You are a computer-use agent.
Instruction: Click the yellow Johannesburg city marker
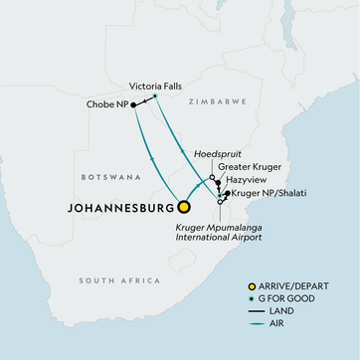184,209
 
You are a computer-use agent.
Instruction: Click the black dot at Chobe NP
133,104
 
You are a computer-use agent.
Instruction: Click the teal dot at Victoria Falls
155,96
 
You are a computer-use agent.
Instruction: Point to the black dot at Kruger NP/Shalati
227,193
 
